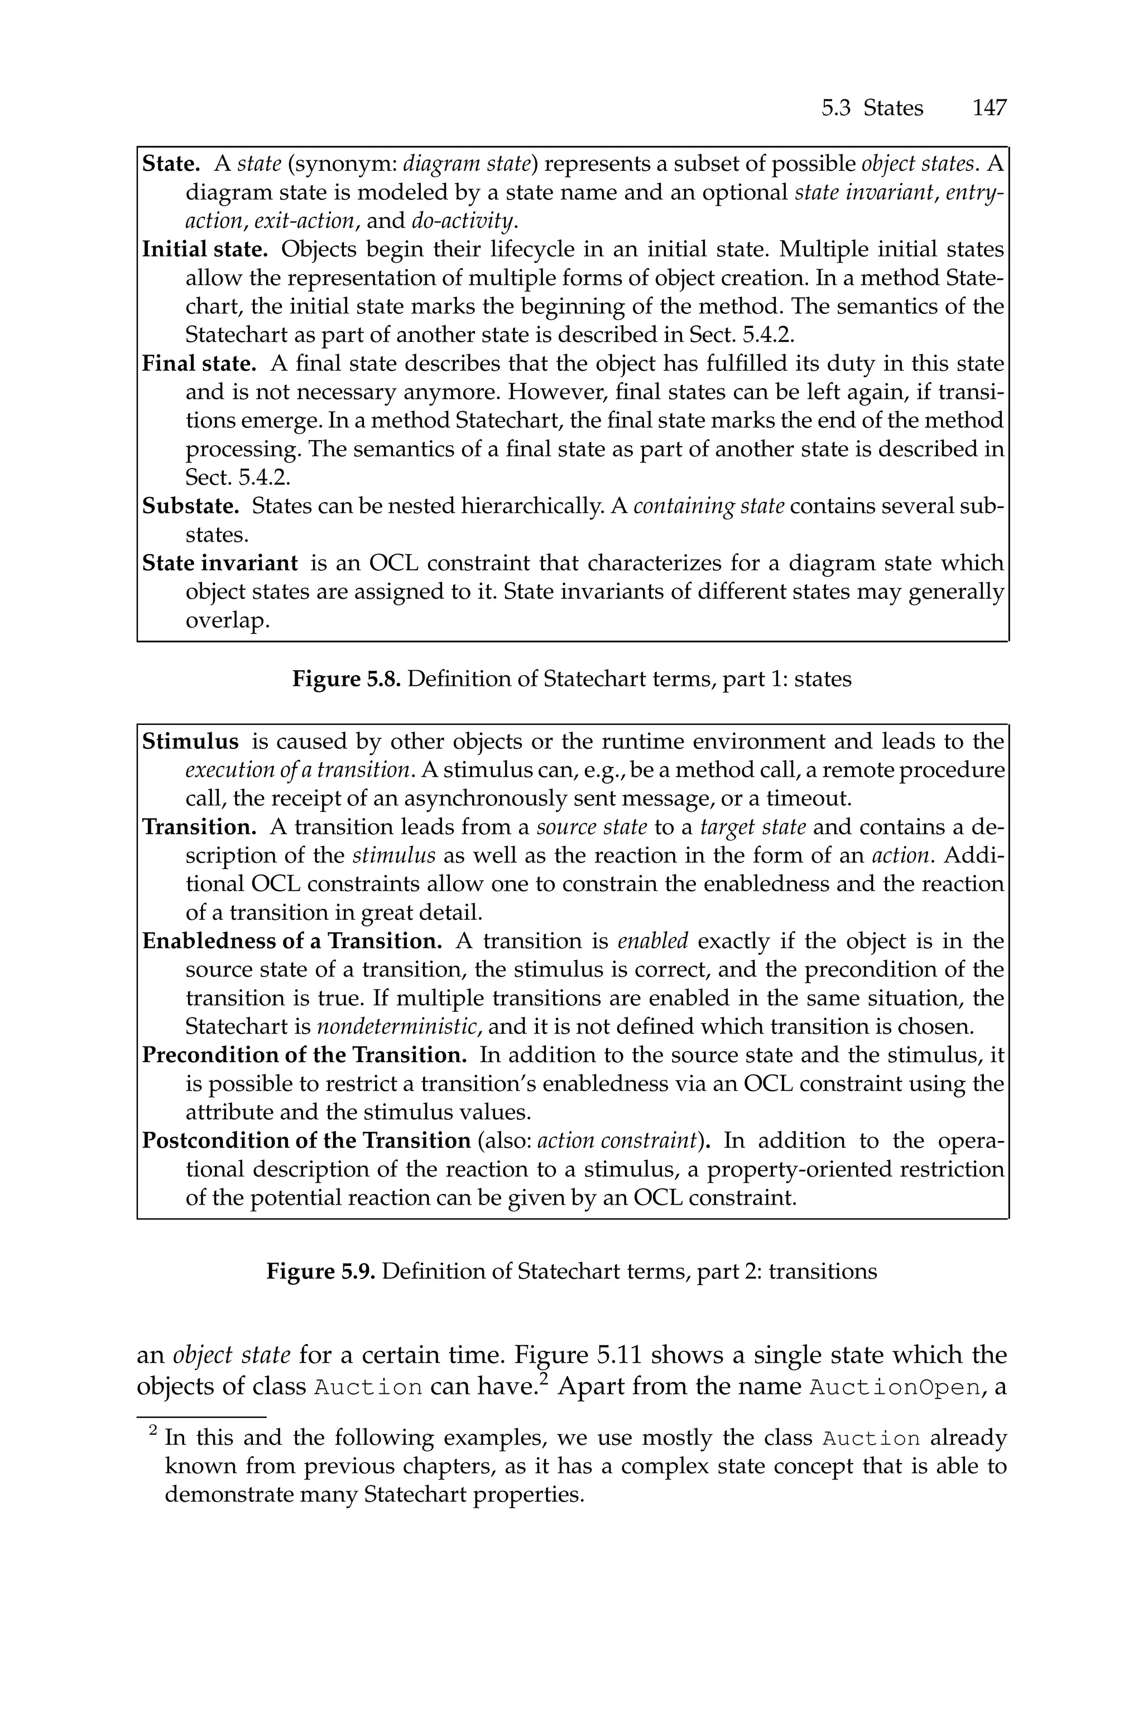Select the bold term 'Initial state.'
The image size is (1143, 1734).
tap(205, 250)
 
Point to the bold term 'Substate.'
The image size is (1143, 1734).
tap(190, 505)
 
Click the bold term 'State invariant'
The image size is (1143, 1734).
tap(219, 563)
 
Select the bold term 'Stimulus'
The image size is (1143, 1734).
tap(190, 741)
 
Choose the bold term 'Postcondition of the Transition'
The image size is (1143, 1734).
tap(306, 1140)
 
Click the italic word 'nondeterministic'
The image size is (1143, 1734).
tap(398, 1026)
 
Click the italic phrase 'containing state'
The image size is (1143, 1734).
tap(709, 505)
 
